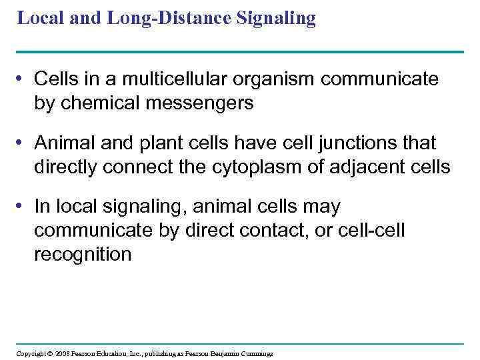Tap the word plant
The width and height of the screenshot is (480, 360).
153,143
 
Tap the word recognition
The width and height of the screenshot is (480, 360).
83,255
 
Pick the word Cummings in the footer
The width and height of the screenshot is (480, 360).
256,353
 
